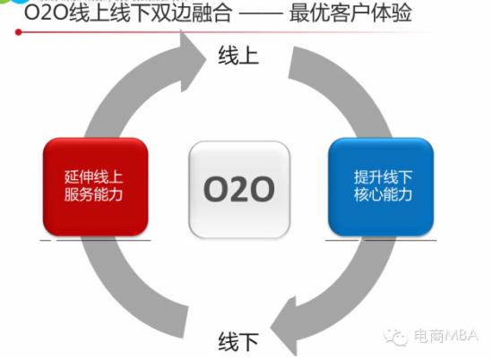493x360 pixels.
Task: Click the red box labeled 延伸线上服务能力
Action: point(96,187)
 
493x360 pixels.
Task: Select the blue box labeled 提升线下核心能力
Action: point(381,187)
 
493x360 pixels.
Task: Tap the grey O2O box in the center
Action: point(239,190)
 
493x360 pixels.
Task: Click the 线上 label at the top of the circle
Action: point(238,56)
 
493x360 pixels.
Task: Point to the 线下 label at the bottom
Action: point(238,341)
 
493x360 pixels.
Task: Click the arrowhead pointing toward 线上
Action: point(192,61)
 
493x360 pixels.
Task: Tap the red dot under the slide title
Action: point(19,32)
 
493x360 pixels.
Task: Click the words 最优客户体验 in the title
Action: point(350,13)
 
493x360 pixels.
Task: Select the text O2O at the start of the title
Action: point(47,13)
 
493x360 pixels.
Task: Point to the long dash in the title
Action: point(261,13)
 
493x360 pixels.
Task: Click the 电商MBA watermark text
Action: point(445,336)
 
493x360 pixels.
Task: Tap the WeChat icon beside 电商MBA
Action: point(395,337)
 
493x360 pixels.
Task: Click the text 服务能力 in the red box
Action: point(93,194)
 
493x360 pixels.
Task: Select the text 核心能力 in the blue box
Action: point(383,194)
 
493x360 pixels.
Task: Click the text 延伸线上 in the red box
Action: point(93,176)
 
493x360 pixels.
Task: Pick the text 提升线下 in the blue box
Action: point(383,176)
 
